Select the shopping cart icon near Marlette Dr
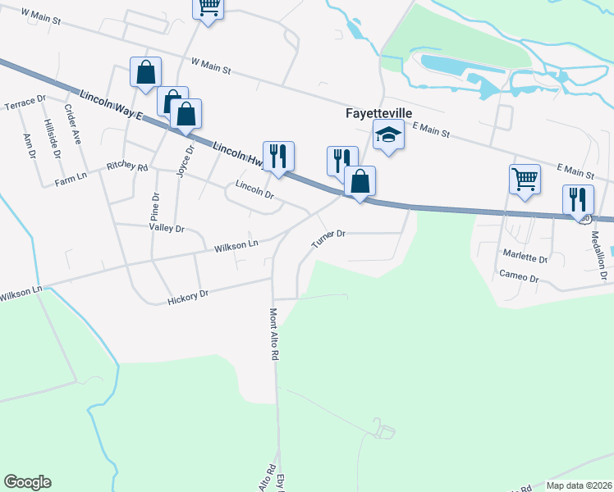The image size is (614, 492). click(x=525, y=180)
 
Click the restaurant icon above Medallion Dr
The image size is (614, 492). click(x=579, y=199)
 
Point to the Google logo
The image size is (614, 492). click(x=27, y=481)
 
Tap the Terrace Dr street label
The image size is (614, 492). click(x=25, y=104)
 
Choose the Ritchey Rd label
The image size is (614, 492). click(x=127, y=167)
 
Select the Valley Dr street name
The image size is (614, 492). click(x=167, y=228)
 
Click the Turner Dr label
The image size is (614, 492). click(x=329, y=239)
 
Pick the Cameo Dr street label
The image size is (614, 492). click(x=519, y=278)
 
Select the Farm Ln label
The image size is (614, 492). click(x=71, y=180)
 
